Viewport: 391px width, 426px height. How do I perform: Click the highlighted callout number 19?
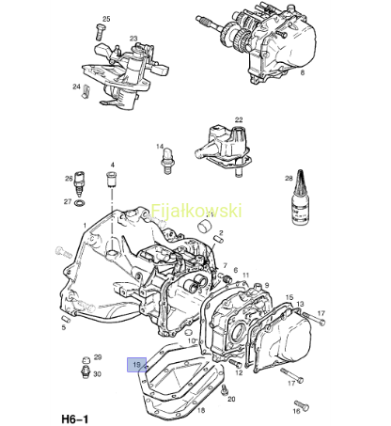coord(136,365)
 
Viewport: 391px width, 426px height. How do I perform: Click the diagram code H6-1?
coord(75,419)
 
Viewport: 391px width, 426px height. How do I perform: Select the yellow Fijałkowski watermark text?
coord(196,211)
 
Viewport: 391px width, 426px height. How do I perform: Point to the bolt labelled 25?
coord(98,32)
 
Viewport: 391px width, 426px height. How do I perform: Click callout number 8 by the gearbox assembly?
coord(302,72)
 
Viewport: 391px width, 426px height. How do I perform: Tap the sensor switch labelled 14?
coord(167,161)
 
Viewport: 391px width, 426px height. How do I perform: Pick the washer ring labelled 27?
coord(79,202)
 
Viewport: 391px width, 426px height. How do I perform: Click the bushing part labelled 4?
coord(112,179)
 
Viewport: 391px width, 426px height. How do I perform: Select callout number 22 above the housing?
coord(239,119)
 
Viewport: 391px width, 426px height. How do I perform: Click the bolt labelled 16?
coord(302,405)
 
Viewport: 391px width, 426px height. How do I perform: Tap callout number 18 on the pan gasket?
coord(201,410)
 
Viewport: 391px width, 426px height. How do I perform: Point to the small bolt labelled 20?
coord(224,389)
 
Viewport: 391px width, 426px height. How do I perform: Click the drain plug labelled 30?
coord(86,371)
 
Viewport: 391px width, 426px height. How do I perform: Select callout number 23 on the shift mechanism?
coord(133,39)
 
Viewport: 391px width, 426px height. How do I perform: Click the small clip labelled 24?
coord(86,91)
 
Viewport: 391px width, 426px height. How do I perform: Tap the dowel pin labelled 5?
coord(66,319)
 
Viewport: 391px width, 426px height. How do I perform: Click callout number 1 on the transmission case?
coord(85,226)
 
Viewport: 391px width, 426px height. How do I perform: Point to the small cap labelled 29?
coord(85,359)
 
